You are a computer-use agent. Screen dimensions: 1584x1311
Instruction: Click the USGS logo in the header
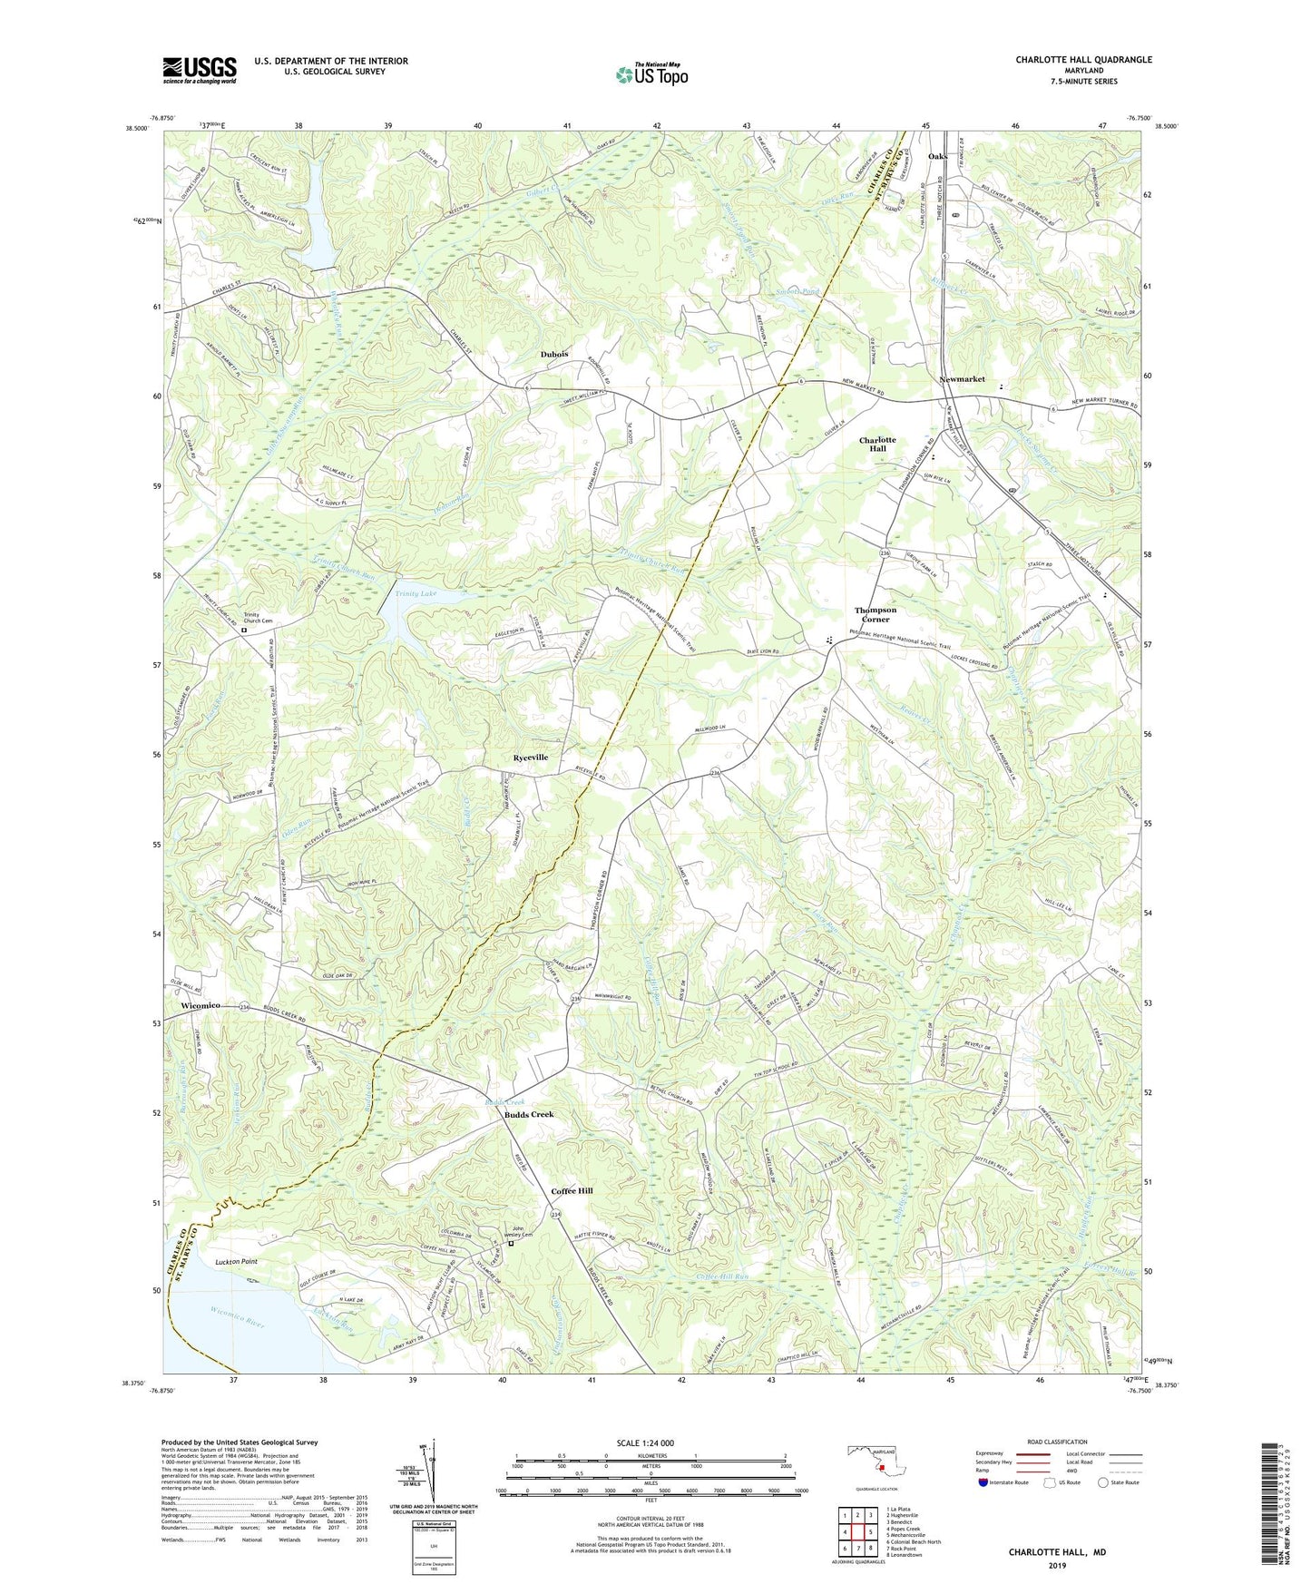click(199, 69)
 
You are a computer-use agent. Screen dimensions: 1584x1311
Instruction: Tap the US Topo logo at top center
click(651, 74)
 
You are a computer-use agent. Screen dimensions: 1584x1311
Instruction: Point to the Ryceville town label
click(530, 757)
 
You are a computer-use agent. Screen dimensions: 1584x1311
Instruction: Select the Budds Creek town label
click(529, 1114)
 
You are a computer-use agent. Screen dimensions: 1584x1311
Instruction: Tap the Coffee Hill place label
click(572, 1190)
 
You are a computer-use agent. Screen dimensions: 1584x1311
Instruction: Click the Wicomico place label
click(201, 1006)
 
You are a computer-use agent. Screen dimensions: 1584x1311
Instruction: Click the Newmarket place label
click(962, 379)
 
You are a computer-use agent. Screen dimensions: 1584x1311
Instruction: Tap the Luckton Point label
click(236, 1262)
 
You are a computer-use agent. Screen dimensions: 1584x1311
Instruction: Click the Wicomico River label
click(238, 1325)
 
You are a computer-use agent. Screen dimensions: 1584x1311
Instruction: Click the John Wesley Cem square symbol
click(510, 1244)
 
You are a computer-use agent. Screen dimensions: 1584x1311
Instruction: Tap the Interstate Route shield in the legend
click(985, 1482)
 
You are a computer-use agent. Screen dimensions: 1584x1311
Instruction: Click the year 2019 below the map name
click(1057, 1565)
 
